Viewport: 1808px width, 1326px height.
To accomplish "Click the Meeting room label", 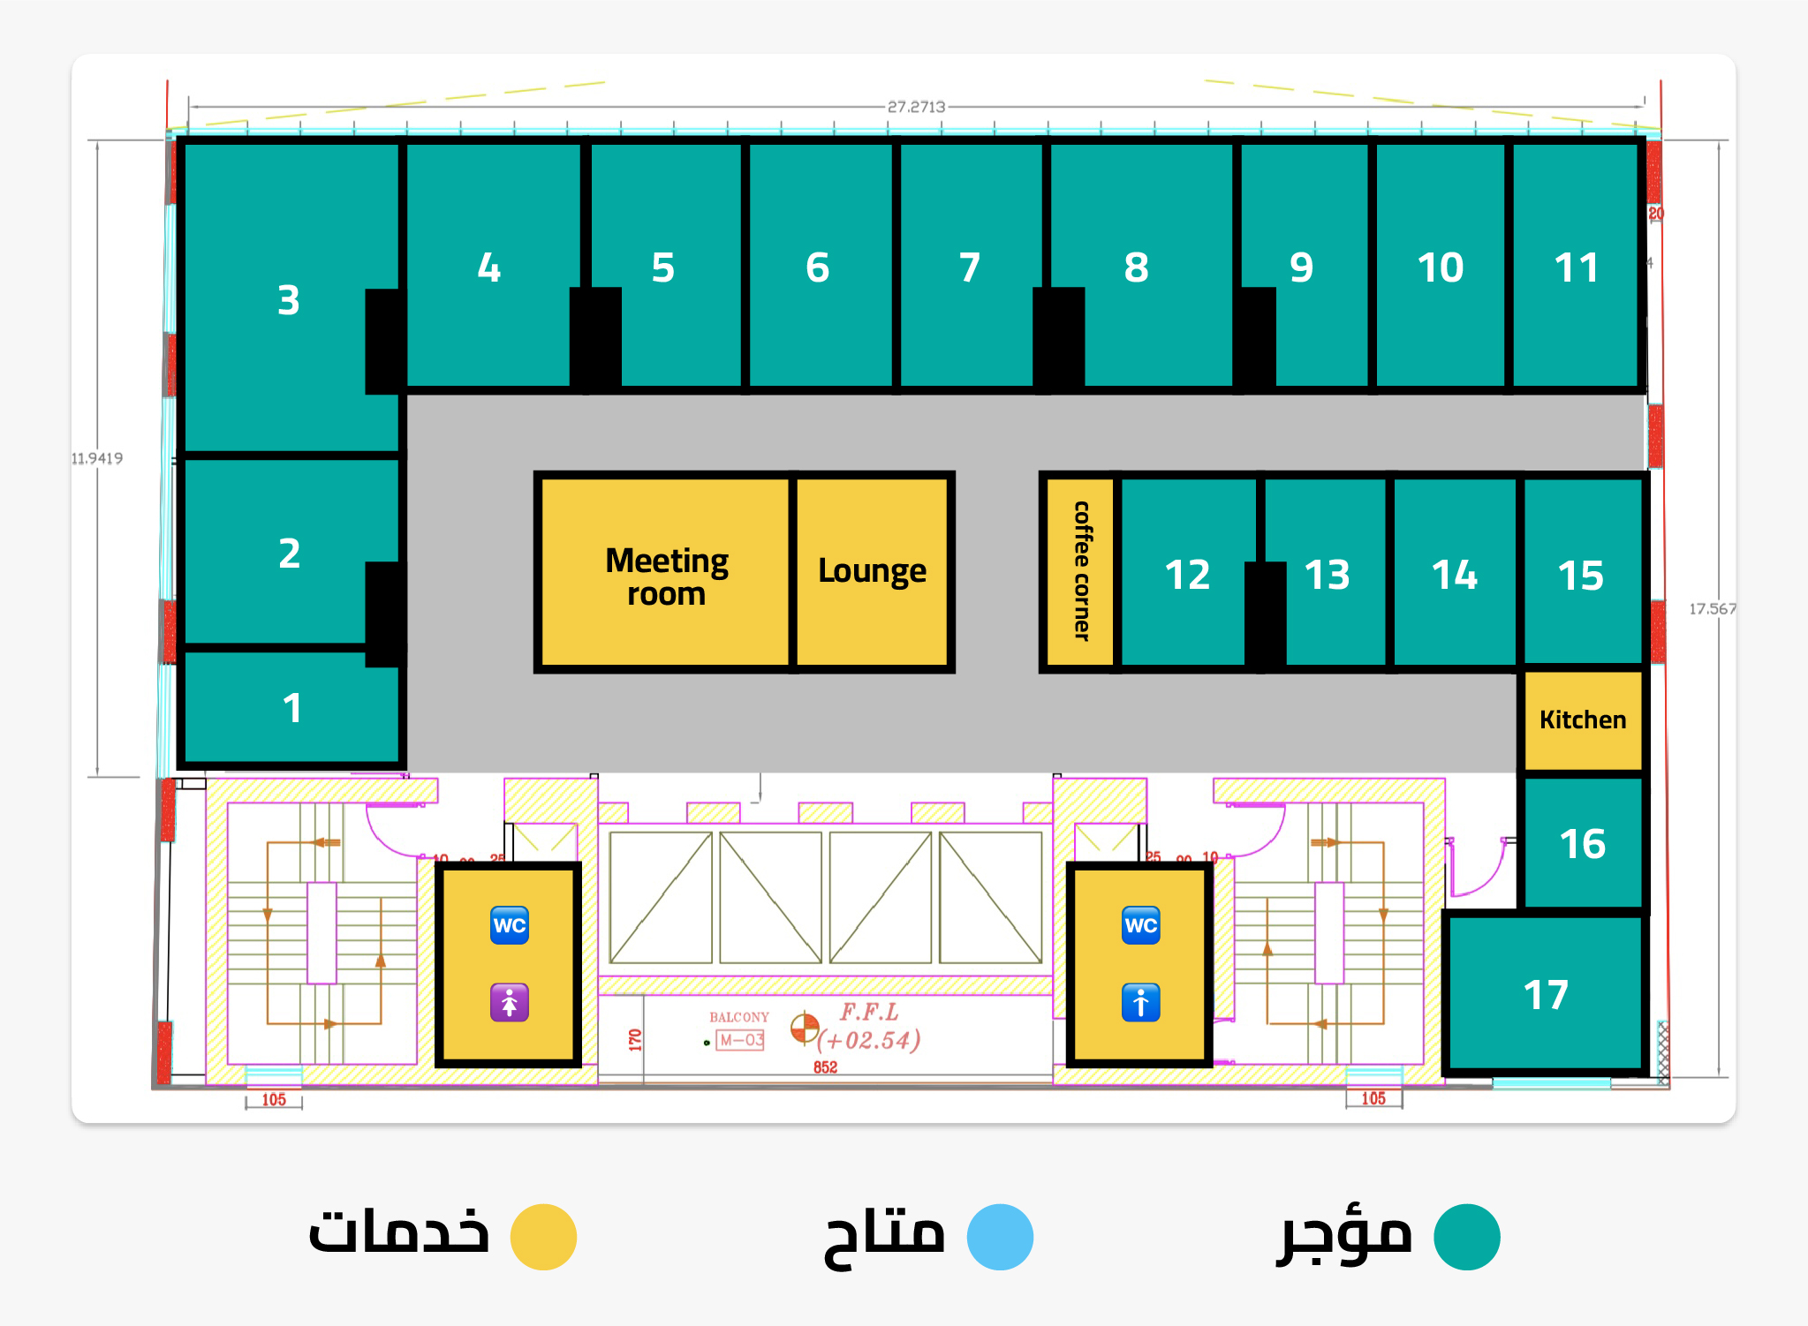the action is point(667,576).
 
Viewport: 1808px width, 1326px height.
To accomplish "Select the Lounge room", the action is point(872,571).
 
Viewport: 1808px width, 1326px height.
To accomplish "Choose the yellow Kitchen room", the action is point(1582,720).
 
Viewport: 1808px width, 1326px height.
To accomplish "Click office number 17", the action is point(1546,995).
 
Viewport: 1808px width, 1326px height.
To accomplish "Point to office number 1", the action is point(292,708).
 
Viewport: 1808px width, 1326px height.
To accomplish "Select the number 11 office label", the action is point(1576,267).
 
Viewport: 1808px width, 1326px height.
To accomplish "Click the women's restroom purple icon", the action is point(510,1003).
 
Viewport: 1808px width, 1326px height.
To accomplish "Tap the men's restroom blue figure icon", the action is point(1140,1003).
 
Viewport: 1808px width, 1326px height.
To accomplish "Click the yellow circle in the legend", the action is point(544,1237).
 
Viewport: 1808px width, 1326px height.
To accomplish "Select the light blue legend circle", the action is point(1000,1237).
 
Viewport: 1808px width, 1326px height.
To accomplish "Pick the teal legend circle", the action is point(1466,1237).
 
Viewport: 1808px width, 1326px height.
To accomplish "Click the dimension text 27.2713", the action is point(916,107).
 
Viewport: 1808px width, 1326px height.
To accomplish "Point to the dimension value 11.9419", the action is point(97,458).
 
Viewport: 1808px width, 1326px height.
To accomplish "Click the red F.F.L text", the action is point(869,1012).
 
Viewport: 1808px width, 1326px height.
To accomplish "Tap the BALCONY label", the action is point(739,1017).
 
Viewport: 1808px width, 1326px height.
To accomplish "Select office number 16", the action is point(1582,844).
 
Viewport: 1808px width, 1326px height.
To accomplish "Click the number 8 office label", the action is point(1136,267).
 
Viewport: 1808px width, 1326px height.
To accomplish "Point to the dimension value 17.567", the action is point(1712,609).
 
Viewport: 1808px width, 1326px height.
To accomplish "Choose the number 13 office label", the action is point(1327,575).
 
